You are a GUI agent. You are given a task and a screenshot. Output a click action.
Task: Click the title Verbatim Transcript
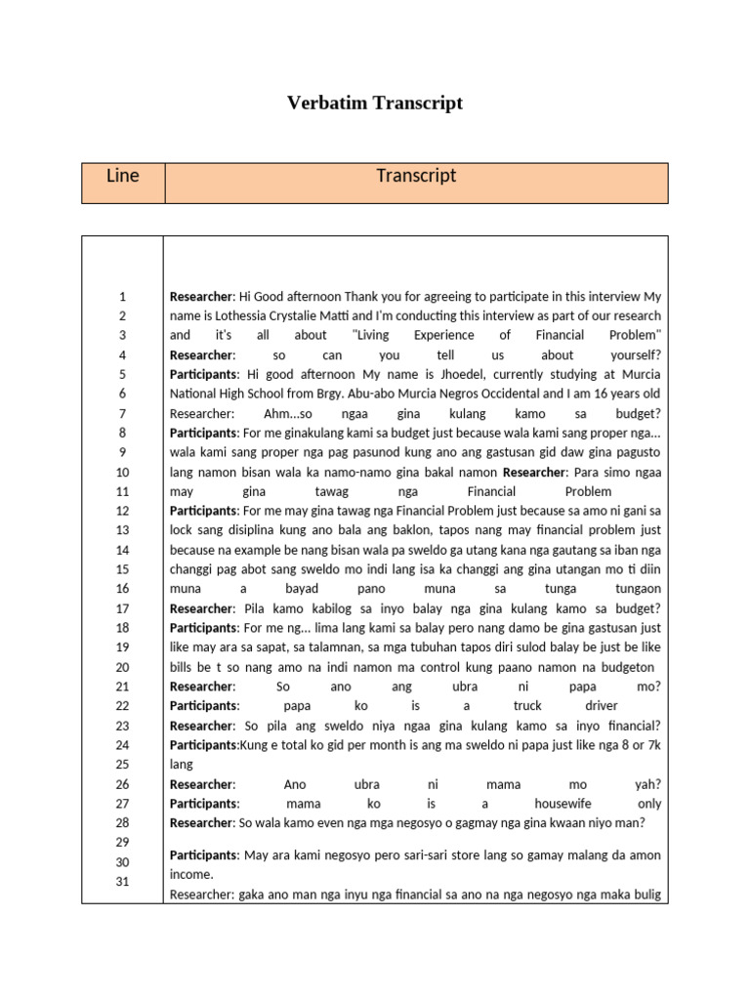tap(375, 103)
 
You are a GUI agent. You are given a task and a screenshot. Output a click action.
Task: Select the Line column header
tap(123, 177)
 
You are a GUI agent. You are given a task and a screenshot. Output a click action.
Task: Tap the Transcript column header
tap(416, 177)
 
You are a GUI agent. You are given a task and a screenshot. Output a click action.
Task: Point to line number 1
tap(123, 296)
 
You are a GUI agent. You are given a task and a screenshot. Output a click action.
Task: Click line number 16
tap(123, 589)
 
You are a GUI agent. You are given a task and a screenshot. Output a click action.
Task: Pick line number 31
tap(123, 882)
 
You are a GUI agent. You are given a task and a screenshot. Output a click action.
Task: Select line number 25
tap(123, 765)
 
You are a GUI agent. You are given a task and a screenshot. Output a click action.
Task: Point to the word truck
tap(528, 706)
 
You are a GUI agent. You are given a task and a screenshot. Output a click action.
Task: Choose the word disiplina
tap(265, 530)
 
